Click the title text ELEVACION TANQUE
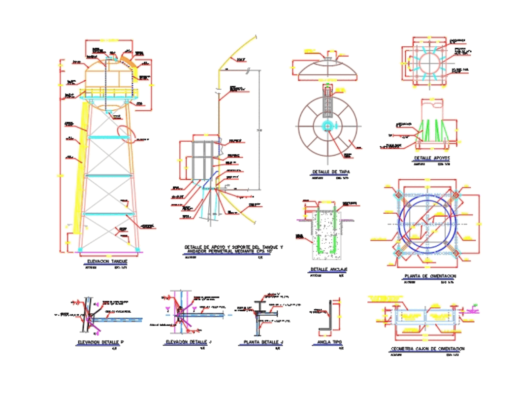(107, 262)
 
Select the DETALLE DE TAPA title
(330, 172)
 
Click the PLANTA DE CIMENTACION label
(430, 276)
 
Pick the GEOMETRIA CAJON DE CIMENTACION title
(427, 349)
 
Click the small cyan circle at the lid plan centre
(327, 126)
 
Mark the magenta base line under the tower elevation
(109, 252)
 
